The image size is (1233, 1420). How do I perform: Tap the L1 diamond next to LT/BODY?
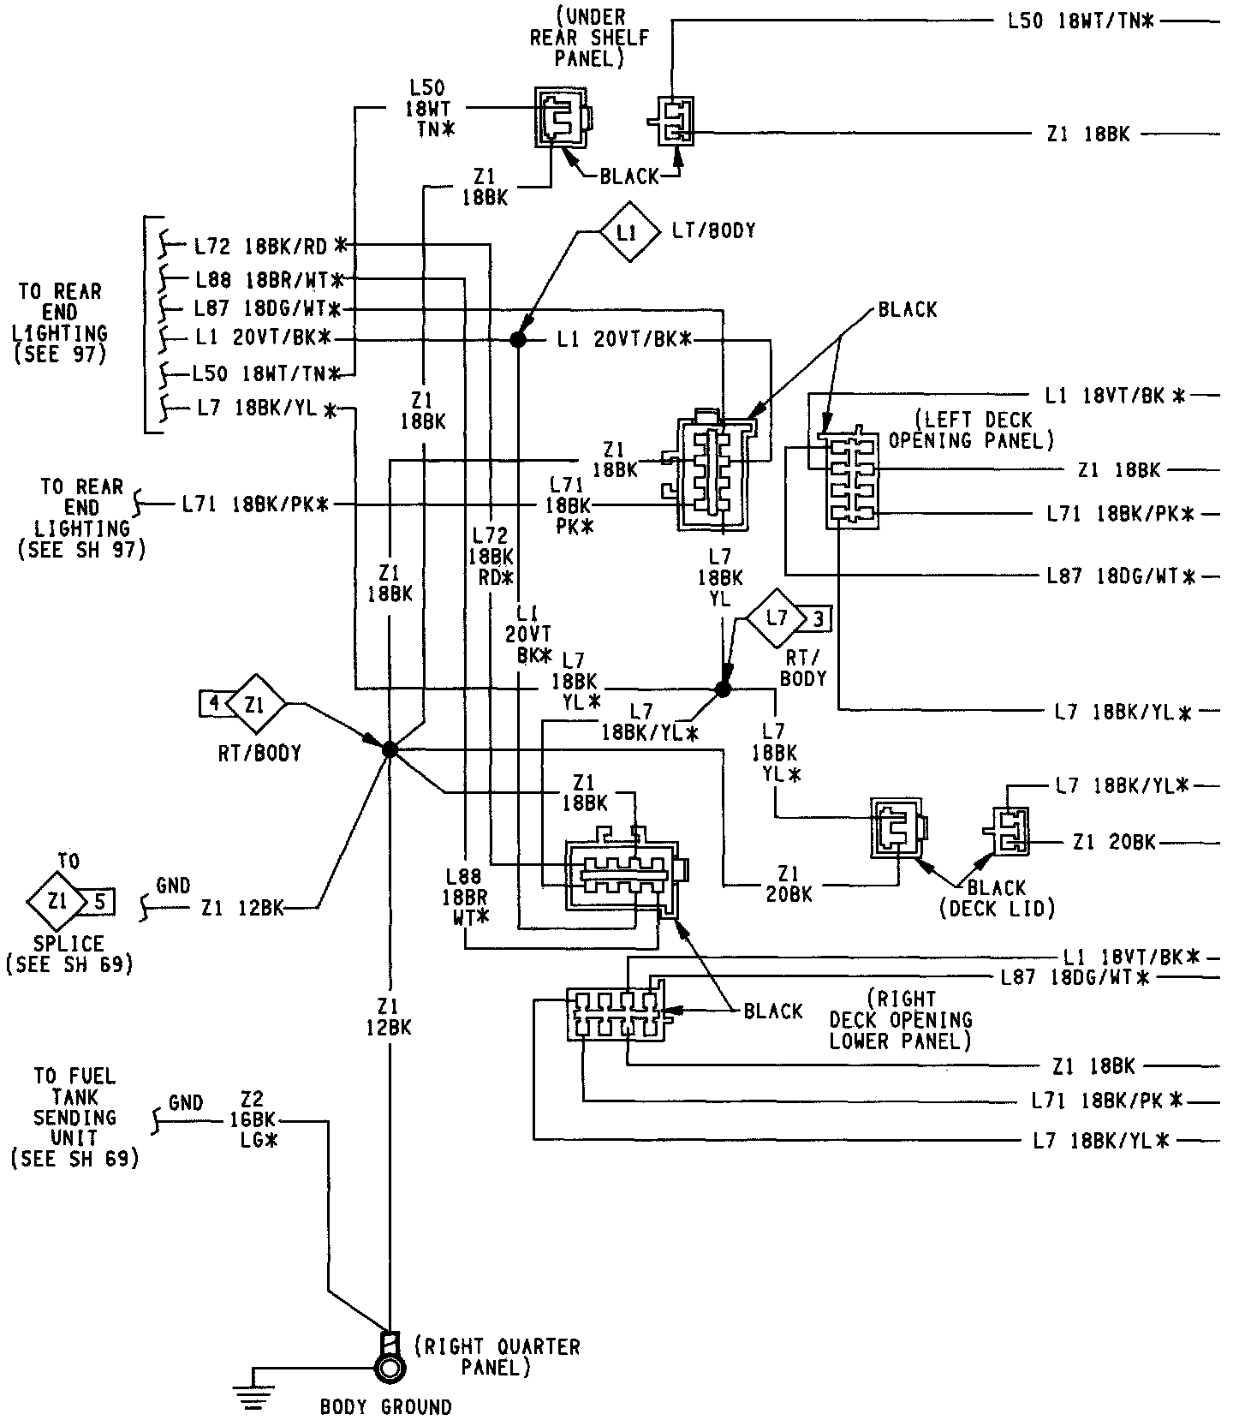click(x=628, y=232)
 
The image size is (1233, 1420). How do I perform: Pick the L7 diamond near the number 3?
click(x=777, y=618)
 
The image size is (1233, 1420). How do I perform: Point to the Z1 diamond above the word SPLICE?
click(x=57, y=902)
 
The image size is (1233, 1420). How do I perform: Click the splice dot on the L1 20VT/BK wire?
click(x=517, y=340)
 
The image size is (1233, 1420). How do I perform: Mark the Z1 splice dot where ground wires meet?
click(x=390, y=749)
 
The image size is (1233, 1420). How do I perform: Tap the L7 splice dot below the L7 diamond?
click(x=723, y=689)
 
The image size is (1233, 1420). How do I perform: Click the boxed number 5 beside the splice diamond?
click(x=100, y=902)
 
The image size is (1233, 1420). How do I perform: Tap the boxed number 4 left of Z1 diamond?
click(x=214, y=704)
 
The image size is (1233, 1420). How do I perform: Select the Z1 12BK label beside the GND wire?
click(x=242, y=908)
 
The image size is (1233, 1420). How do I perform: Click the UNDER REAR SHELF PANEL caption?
click(x=589, y=38)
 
